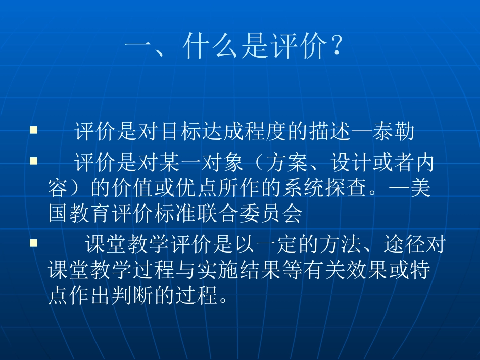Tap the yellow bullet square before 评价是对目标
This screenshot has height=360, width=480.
[34, 130]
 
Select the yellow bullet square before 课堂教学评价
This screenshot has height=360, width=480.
[34, 244]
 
